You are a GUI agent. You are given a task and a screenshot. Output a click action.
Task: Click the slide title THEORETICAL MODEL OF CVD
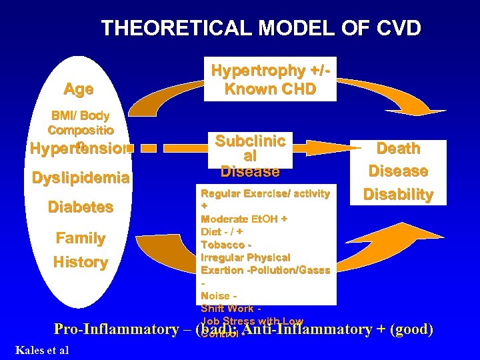pos(261,29)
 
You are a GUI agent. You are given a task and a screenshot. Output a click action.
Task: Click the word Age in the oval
pos(78,89)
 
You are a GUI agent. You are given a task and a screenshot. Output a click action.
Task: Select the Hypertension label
pos(78,149)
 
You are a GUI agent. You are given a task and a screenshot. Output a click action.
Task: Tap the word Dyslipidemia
pos(80,178)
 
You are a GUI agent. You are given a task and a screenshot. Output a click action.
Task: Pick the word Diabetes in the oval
pos(80,207)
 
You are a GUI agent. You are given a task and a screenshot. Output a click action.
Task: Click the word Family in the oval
pos(80,238)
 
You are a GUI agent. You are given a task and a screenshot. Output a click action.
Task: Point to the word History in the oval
pos(80,262)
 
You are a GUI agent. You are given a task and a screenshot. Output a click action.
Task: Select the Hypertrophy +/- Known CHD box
pos(270,80)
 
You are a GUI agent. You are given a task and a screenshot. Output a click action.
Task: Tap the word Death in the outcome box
pos(398,148)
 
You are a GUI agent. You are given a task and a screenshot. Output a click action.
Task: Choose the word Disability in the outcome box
pos(398,195)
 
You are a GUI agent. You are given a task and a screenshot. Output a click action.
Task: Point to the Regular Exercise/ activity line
pos(265,193)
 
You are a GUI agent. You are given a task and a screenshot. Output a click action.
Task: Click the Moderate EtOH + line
pos(244,219)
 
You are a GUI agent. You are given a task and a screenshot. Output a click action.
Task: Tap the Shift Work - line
pos(231,308)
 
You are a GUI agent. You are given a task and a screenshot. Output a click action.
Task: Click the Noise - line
pos(218,295)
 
